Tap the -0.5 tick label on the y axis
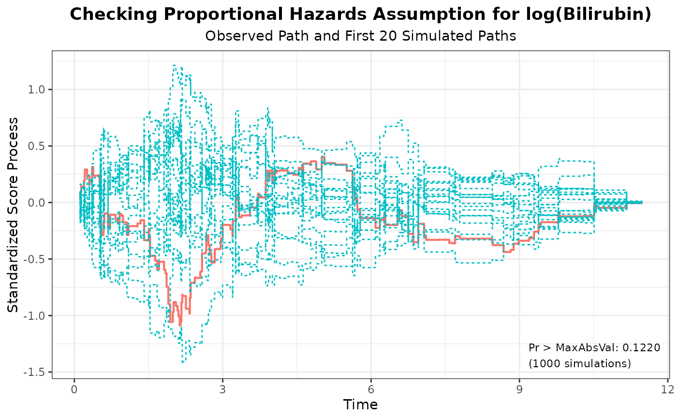(x=35, y=259)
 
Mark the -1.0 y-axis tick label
(x=35, y=316)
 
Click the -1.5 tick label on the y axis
(x=35, y=372)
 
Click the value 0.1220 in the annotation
(x=641, y=347)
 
